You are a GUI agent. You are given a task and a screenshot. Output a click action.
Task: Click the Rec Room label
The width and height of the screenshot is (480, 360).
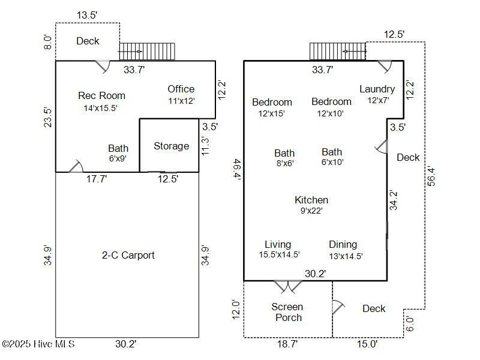coord(101,95)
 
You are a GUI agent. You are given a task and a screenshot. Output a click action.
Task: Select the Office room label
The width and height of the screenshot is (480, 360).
coord(181,89)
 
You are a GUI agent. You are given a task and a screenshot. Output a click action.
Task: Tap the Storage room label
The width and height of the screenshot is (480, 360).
coord(171,146)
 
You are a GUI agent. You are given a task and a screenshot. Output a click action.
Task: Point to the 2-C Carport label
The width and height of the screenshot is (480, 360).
coord(128,255)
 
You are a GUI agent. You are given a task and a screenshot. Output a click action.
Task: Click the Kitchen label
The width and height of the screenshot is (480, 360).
coord(311,200)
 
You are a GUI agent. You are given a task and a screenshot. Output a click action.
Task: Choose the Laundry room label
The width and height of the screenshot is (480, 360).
coord(377,89)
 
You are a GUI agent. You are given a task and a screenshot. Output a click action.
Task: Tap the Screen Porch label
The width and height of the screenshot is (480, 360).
coord(288,312)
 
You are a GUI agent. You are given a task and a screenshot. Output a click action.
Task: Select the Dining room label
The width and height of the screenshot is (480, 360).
coord(343,244)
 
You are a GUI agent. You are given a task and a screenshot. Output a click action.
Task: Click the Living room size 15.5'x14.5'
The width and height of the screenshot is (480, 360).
coord(279,255)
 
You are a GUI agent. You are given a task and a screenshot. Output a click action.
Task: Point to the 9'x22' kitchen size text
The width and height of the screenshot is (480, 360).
coord(311,211)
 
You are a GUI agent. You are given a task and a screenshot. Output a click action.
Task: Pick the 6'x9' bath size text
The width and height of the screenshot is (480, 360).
coord(118,159)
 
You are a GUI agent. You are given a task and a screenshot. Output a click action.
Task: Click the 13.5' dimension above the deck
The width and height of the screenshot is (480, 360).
coord(87,16)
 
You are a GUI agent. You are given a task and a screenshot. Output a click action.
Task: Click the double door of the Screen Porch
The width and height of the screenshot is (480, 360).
coord(288,286)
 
